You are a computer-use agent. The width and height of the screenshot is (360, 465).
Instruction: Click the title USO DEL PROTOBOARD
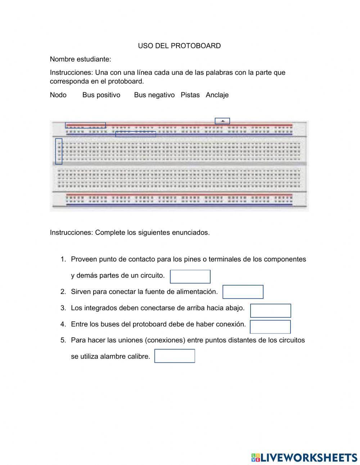[179, 46]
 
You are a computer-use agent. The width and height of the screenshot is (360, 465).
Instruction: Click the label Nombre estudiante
[80, 59]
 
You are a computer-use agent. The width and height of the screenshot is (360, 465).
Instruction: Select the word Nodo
[58, 95]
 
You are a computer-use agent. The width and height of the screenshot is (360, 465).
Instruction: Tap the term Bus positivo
[101, 95]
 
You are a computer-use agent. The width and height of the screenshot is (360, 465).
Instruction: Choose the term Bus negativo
[154, 95]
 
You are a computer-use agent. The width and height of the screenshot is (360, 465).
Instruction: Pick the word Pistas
[190, 95]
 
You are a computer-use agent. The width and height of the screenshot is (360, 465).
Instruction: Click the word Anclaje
[217, 95]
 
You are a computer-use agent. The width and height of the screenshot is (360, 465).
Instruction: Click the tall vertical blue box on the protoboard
[59, 151]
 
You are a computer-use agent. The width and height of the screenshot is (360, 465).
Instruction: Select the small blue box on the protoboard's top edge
[222, 121]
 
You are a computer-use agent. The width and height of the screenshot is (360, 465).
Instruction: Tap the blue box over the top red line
[85, 125]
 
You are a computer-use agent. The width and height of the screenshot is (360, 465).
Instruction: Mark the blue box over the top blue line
[135, 134]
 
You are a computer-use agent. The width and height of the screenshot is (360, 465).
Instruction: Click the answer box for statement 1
[190, 277]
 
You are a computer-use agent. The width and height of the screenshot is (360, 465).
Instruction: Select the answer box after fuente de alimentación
[243, 292]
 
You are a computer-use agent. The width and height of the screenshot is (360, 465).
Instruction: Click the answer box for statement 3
[270, 310]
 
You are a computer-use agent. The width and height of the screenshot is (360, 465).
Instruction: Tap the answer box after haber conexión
[270, 327]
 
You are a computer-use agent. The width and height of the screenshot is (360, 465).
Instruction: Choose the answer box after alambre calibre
[175, 356]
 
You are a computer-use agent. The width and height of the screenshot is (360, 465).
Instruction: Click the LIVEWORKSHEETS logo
[304, 457]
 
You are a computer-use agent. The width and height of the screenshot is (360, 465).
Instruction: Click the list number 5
[63, 340]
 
